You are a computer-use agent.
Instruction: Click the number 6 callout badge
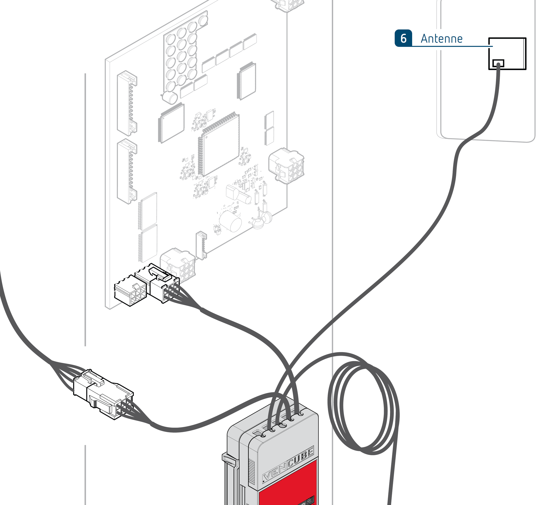click(x=403, y=38)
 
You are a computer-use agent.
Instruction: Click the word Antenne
click(x=441, y=39)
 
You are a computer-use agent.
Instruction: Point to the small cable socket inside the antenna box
click(x=498, y=64)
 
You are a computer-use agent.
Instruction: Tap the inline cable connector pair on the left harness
click(x=103, y=394)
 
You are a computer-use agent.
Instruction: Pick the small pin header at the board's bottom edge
click(x=201, y=245)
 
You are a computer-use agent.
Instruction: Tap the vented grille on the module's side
click(x=252, y=470)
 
